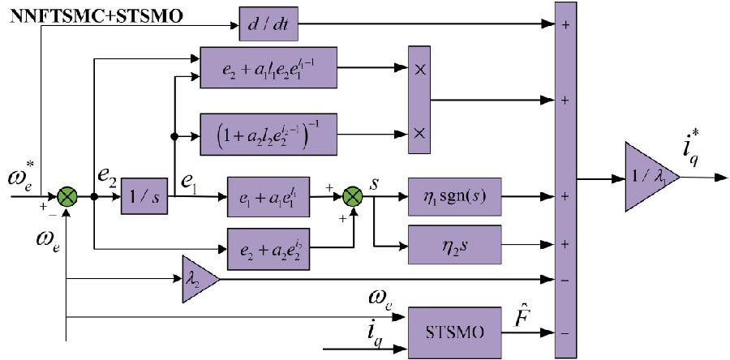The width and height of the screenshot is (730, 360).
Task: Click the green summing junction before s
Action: (x=352, y=197)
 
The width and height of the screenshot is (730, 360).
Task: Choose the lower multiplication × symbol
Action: (x=419, y=131)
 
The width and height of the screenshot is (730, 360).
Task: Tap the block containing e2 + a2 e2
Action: (x=268, y=243)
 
